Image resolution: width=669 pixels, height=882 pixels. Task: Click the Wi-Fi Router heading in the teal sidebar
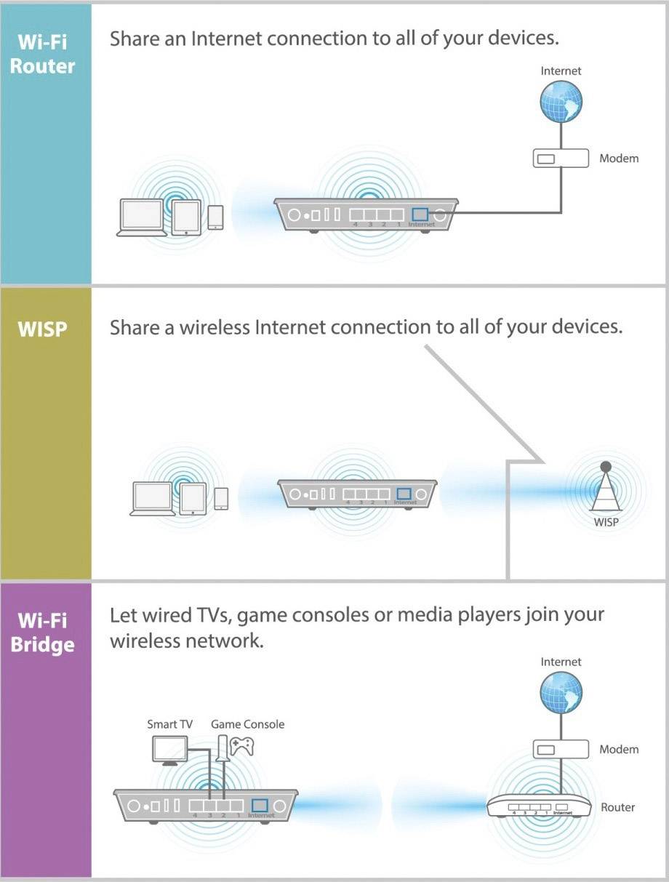(x=47, y=53)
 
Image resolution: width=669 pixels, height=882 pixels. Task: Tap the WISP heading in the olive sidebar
(x=42, y=329)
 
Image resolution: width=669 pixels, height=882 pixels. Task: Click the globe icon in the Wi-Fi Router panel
(x=561, y=101)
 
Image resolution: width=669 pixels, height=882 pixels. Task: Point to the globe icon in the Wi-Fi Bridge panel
(x=561, y=691)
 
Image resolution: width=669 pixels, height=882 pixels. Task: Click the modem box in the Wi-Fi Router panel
(x=561, y=158)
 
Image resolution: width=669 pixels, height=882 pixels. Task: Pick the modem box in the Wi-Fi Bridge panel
(x=561, y=749)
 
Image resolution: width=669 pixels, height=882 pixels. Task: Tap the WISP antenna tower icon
(x=605, y=489)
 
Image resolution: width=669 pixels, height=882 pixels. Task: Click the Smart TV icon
(x=169, y=750)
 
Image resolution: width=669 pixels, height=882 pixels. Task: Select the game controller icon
(x=241, y=746)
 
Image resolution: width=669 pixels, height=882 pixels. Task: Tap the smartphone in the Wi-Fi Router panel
(x=215, y=217)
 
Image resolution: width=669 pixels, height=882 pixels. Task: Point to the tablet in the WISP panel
(x=193, y=498)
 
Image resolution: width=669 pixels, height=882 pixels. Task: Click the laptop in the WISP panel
(x=153, y=498)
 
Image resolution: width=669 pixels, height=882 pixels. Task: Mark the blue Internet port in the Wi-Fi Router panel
(x=420, y=215)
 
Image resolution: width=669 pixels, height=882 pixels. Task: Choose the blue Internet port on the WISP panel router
(x=404, y=494)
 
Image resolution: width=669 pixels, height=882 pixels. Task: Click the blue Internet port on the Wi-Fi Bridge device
(x=260, y=806)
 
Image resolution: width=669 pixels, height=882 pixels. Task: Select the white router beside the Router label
(x=539, y=807)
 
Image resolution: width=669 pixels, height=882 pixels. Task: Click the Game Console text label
(x=247, y=724)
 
